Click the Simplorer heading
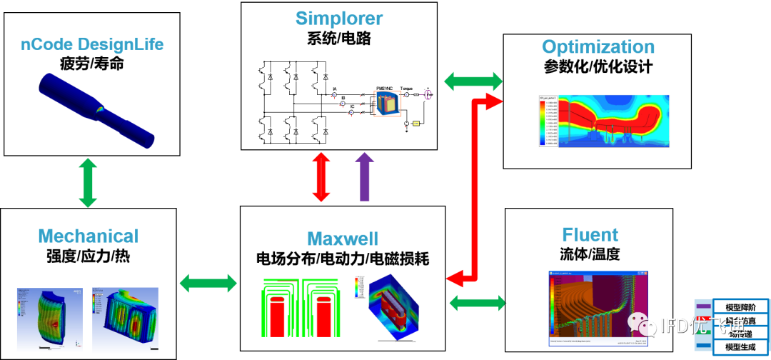click(339, 19)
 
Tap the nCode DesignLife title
click(92, 44)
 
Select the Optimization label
click(598, 47)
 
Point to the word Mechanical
click(88, 236)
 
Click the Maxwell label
click(343, 238)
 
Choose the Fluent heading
click(590, 234)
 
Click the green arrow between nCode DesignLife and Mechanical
click(87, 183)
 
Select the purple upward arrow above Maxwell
click(365, 176)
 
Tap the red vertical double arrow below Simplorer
click(321, 176)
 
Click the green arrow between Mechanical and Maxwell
click(208, 283)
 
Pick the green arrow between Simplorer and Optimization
click(473, 80)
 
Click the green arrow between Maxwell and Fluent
click(477, 302)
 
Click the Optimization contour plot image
click(604, 121)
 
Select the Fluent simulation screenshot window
click(599, 309)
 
